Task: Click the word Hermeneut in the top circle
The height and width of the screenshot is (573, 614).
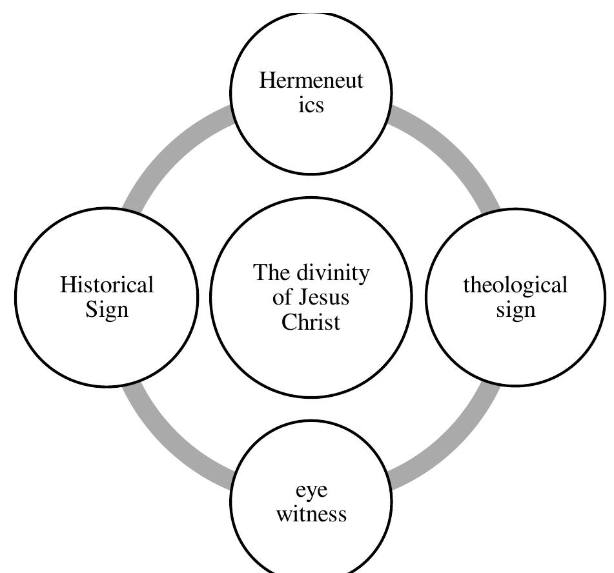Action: point(311,81)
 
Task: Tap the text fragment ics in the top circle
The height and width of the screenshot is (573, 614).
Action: point(311,105)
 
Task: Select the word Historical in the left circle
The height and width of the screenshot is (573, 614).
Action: point(107,285)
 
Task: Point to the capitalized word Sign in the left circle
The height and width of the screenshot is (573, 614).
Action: point(107,310)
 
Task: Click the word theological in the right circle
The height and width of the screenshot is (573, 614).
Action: point(515,285)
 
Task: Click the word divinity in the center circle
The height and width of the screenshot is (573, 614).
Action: point(332,273)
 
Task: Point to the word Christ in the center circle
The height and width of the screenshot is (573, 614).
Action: point(311,322)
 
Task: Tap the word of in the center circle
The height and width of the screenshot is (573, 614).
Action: point(283,298)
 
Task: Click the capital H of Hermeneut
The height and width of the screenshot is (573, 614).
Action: point(267,81)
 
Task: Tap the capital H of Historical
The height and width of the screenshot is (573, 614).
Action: point(68,285)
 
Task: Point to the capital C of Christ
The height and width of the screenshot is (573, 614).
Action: point(289,322)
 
